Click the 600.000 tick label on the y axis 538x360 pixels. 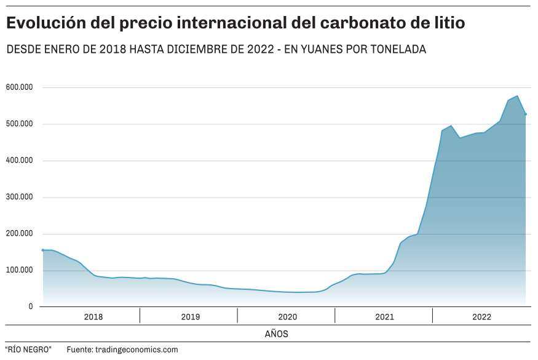(x=18, y=87)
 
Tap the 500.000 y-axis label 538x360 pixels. (x=18, y=124)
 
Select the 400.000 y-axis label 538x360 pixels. (x=18, y=161)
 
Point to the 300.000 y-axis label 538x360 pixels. (x=18, y=197)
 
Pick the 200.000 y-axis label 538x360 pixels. (x=18, y=234)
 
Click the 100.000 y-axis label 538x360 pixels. (x=18, y=270)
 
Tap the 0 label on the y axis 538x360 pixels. (x=31, y=306)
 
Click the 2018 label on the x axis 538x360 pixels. (x=93, y=317)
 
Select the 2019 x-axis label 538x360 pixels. (x=191, y=317)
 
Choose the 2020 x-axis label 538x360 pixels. (x=288, y=317)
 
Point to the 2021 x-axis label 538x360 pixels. (x=385, y=317)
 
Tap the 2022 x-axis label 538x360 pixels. (x=482, y=317)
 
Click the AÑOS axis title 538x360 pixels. (x=276, y=334)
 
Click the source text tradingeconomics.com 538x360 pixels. (x=136, y=350)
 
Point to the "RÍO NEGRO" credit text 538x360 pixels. (x=28, y=350)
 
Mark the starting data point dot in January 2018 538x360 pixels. (x=42, y=250)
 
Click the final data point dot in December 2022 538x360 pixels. (x=526, y=114)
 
